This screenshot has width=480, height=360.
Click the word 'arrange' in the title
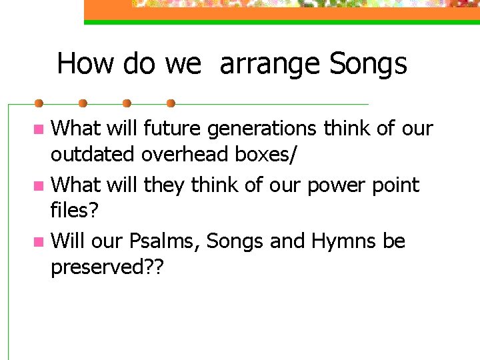click(x=270, y=65)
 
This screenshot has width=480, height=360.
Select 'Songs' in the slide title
click(x=368, y=64)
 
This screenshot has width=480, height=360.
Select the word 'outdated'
click(x=93, y=155)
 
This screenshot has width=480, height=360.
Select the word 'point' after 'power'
click(x=397, y=184)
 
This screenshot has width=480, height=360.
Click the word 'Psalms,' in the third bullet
click(x=167, y=241)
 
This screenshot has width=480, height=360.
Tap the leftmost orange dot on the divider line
click(x=39, y=103)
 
